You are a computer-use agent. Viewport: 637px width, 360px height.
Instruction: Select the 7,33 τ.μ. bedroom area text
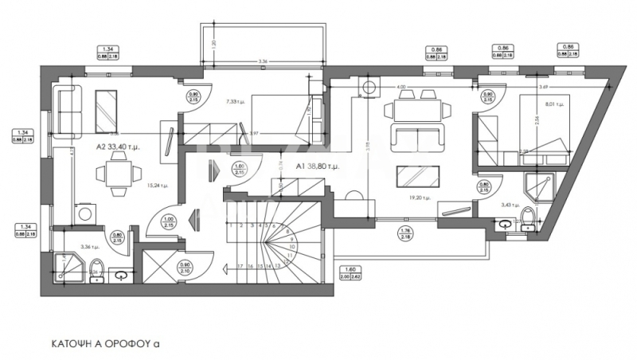click(237, 101)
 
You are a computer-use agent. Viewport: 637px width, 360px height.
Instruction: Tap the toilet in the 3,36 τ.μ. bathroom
click(96, 268)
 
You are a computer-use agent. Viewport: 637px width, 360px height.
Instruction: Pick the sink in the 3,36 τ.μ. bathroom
click(121, 277)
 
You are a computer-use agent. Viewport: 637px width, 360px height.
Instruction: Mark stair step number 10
click(292, 248)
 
